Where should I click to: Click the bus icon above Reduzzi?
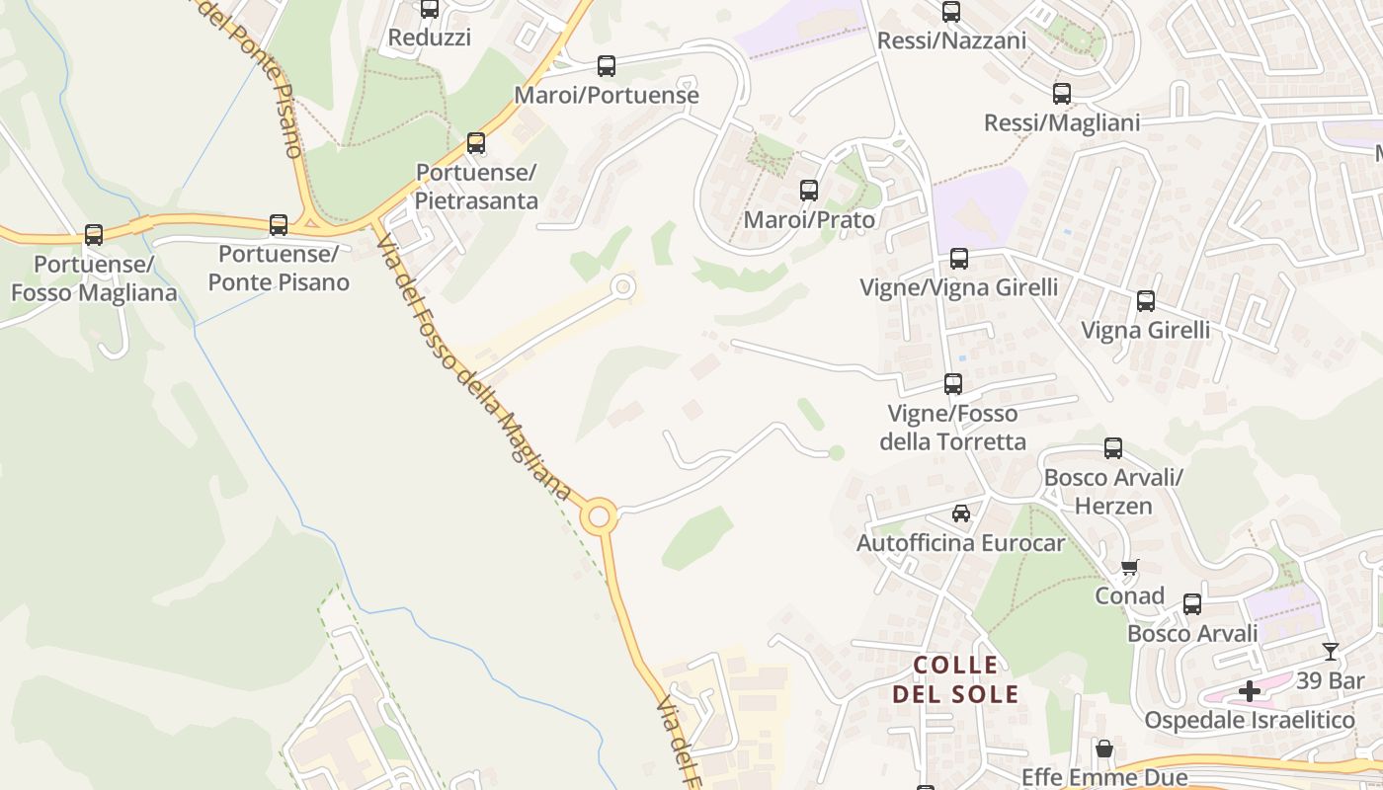point(430,9)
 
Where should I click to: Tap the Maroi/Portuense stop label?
point(607,96)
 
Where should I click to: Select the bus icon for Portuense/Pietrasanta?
point(476,143)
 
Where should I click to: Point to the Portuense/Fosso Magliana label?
point(94,278)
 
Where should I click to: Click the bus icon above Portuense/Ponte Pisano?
point(279,225)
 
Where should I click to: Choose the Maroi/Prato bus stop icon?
point(809,191)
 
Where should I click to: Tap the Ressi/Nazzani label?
point(951,40)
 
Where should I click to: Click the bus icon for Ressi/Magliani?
point(1062,95)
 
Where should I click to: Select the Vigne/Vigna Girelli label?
point(958,287)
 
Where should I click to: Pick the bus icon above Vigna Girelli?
point(1146,301)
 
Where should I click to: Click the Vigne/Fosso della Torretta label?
point(952,428)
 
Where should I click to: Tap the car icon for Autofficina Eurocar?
point(961,513)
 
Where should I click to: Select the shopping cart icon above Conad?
point(1129,567)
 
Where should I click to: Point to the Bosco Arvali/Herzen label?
point(1113,492)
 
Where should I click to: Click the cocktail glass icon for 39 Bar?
point(1331,652)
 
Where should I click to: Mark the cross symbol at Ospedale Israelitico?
point(1250,691)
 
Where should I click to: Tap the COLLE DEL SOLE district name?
point(955,679)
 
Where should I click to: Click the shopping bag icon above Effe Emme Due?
point(1104,750)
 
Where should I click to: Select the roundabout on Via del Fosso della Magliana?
point(598,515)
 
